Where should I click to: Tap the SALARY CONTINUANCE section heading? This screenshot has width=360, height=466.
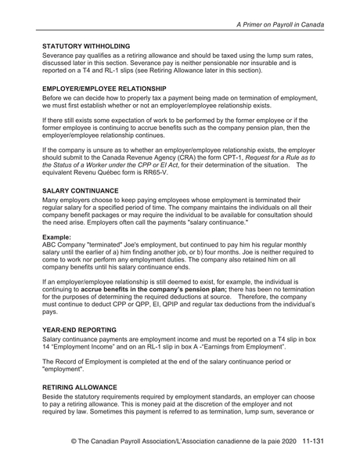[x=82, y=190]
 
